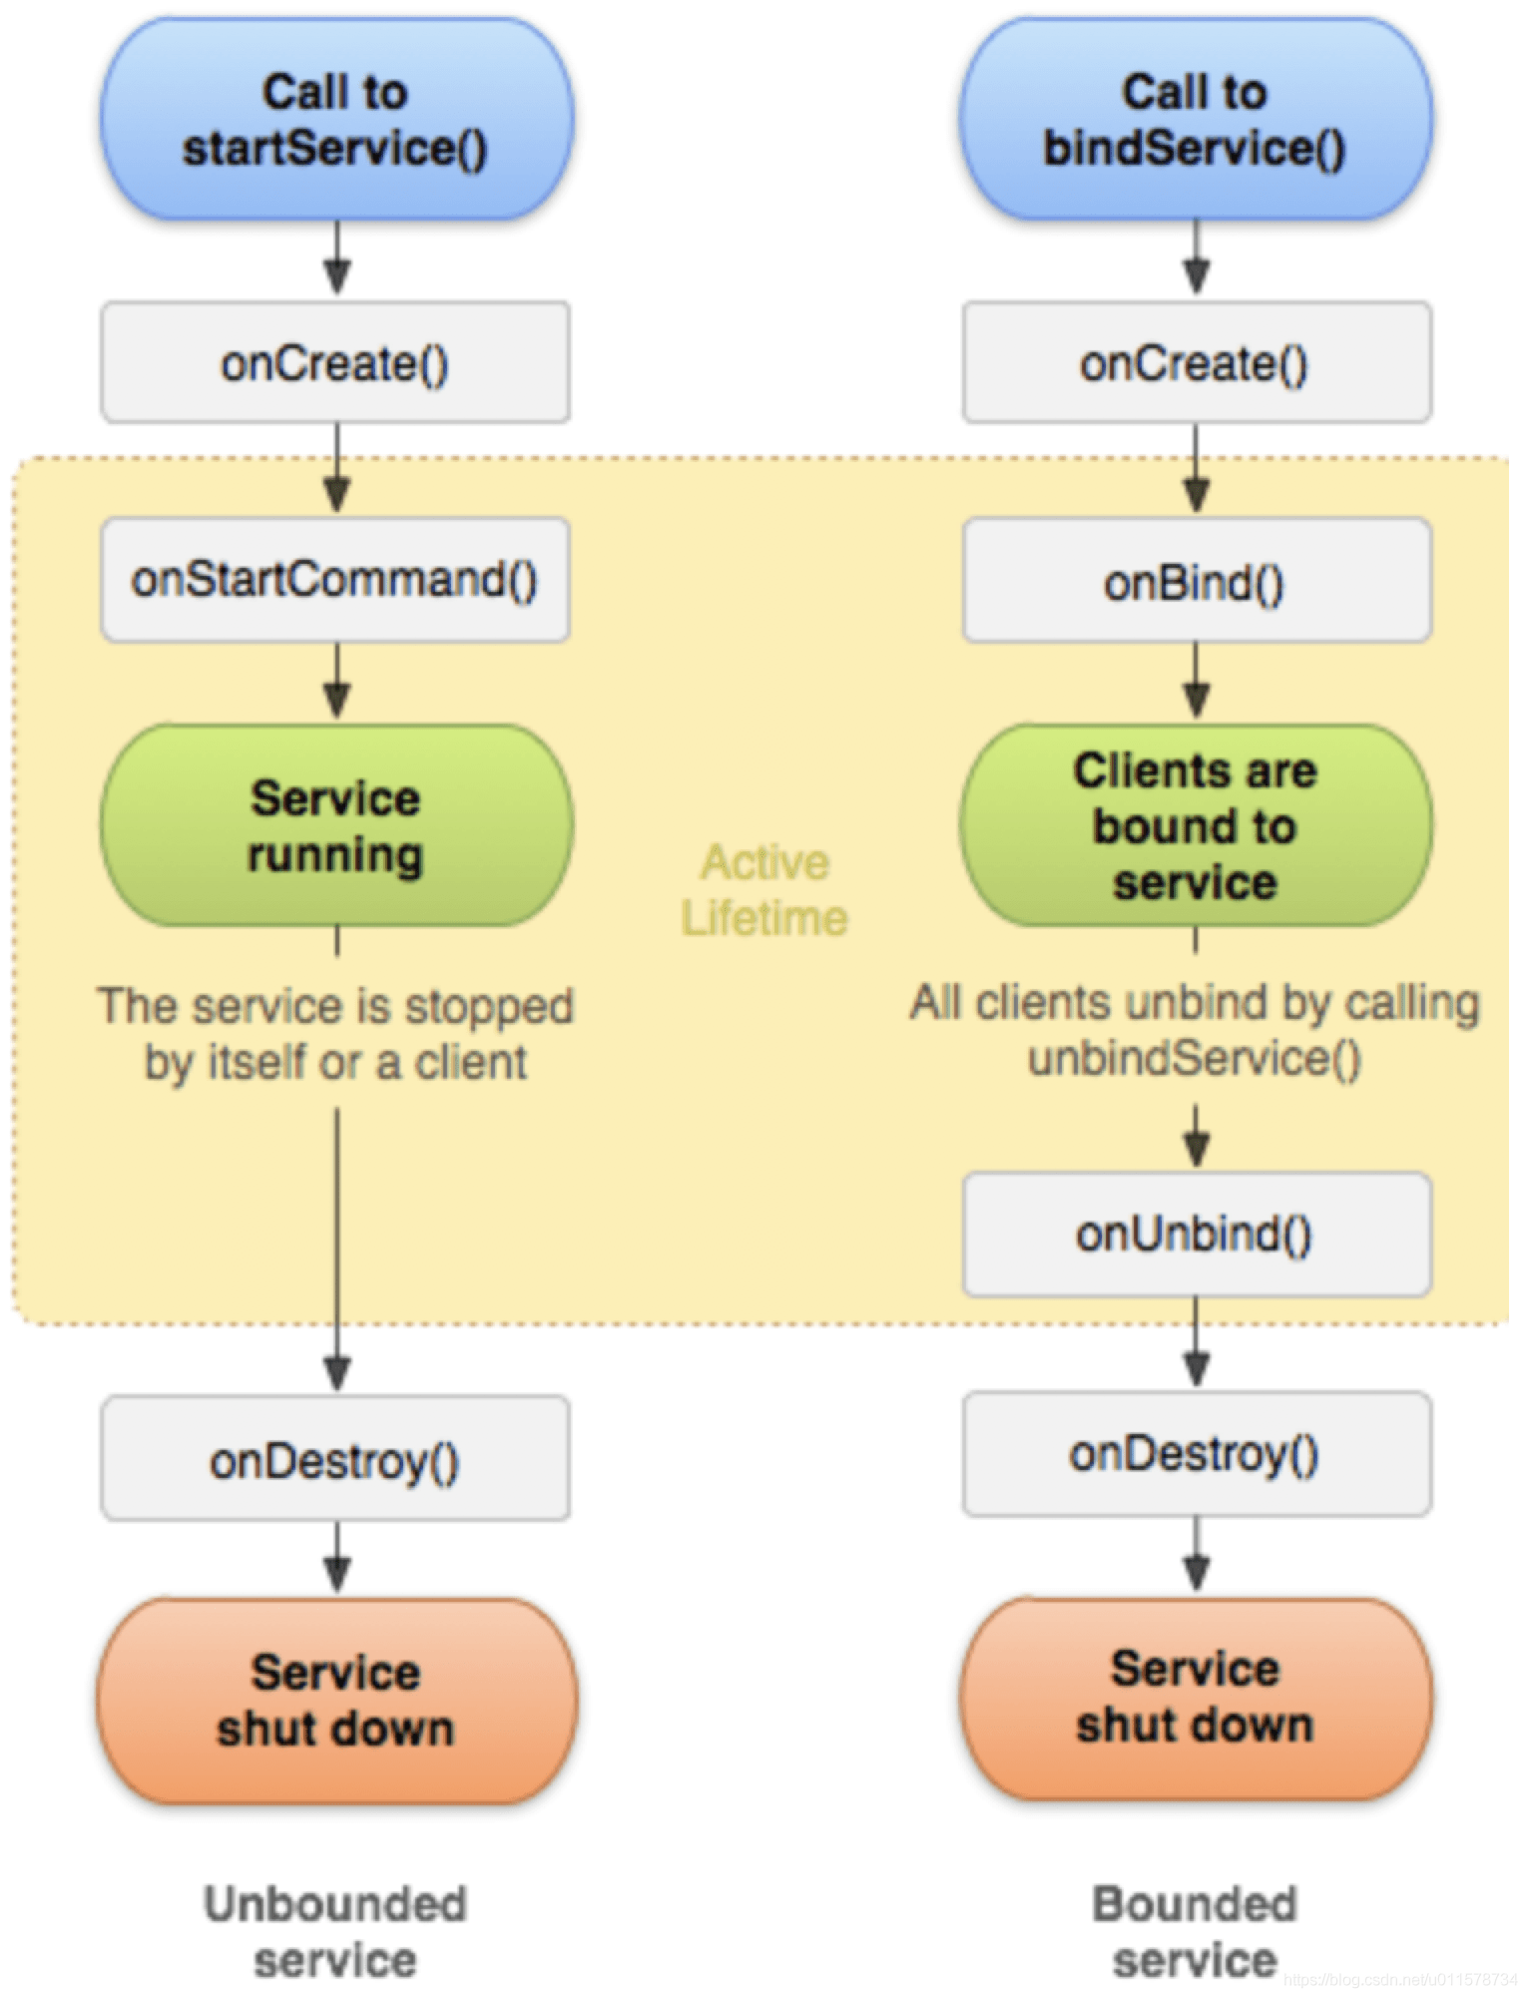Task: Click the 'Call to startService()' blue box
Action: click(x=336, y=119)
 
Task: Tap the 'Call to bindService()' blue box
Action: click(x=1196, y=119)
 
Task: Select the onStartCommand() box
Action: click(x=335, y=579)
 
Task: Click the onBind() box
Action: click(x=1197, y=580)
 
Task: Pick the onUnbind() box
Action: click(x=1197, y=1235)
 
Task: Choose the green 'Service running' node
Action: click(x=336, y=825)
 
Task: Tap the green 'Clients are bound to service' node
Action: click(x=1196, y=825)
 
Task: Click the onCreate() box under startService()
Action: click(x=335, y=362)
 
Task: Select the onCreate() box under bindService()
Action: click(x=1197, y=362)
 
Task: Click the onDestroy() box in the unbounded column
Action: click(x=335, y=1458)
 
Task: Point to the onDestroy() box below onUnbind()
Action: click(x=1197, y=1454)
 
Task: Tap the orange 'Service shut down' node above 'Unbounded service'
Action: click(x=336, y=1702)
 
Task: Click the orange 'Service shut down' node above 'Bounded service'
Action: click(x=1196, y=1699)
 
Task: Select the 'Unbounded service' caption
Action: click(x=335, y=1932)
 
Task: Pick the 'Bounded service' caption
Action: click(x=1196, y=1932)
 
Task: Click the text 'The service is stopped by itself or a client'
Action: click(x=335, y=1034)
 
